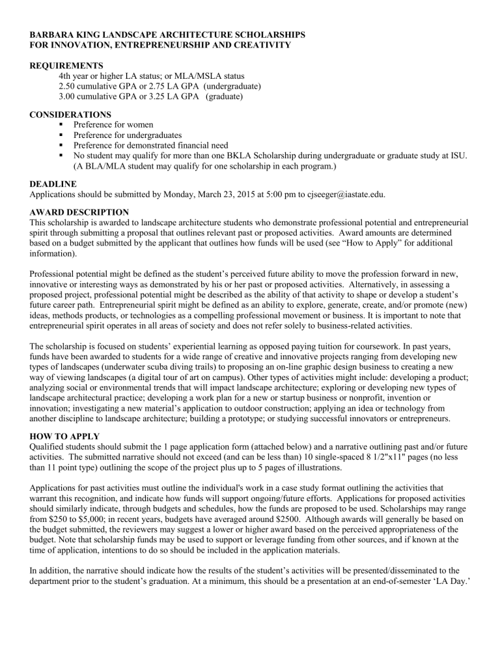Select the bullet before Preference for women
[x=61, y=124]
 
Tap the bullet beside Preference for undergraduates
[x=61, y=135]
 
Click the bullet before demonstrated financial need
[x=61, y=145]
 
